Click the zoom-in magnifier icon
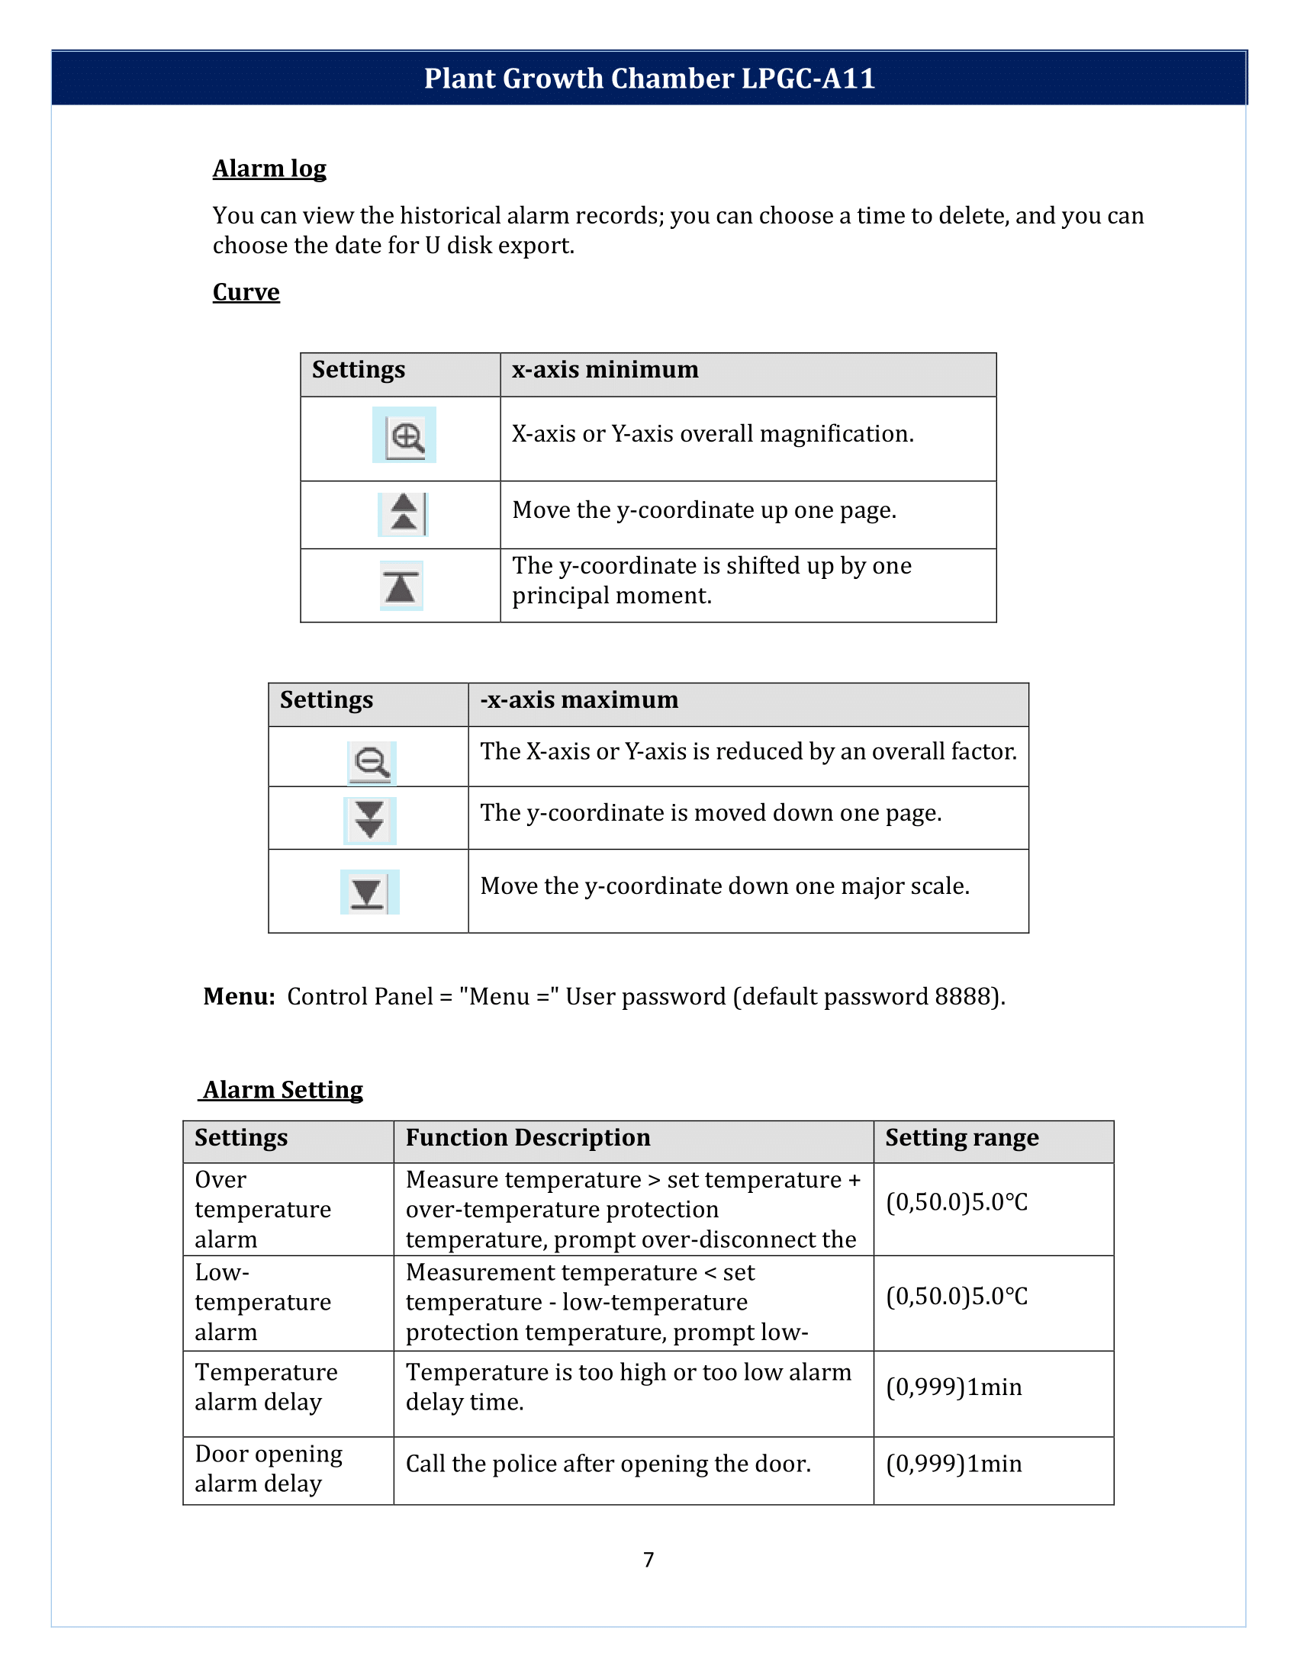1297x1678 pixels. point(404,436)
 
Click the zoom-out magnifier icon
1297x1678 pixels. point(372,763)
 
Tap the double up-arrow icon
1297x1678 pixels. point(404,514)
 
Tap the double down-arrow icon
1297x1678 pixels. point(370,821)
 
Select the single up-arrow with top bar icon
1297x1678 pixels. point(401,587)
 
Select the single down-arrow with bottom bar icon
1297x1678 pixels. point(368,892)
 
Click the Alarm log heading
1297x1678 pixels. point(269,169)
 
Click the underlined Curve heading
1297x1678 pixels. point(246,292)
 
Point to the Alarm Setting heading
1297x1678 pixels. point(283,1089)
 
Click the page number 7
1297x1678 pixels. point(648,1560)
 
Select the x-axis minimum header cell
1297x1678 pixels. point(606,371)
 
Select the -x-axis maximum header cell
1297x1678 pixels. point(579,700)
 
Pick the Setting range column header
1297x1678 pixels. point(961,1138)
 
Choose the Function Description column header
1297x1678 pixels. point(528,1138)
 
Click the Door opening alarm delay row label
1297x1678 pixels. point(268,1468)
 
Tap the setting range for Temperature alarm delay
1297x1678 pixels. point(954,1387)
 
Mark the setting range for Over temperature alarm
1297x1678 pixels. point(956,1202)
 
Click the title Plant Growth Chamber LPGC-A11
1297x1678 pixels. point(649,79)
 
